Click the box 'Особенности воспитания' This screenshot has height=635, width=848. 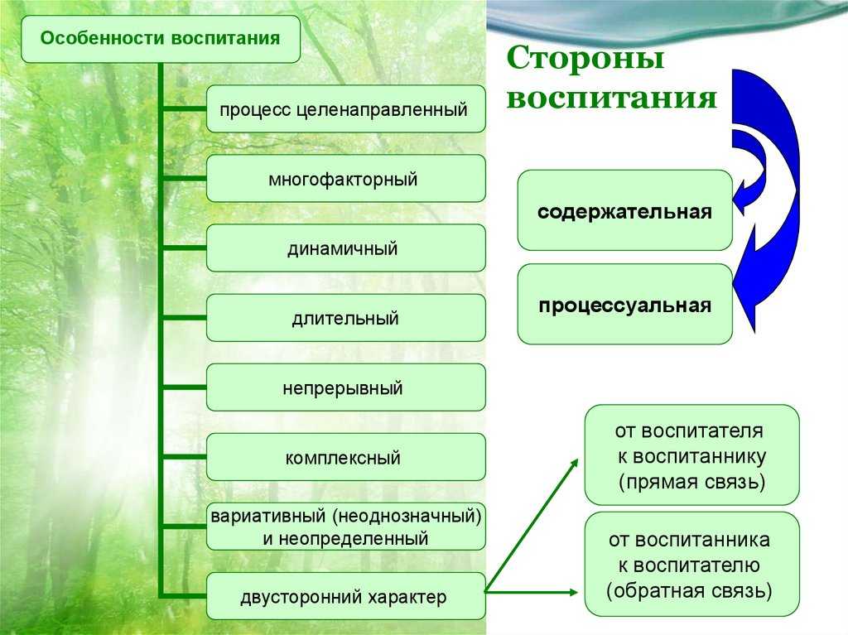click(x=161, y=39)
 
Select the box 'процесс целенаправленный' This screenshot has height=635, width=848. click(x=345, y=108)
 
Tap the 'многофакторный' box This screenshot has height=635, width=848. click(x=345, y=179)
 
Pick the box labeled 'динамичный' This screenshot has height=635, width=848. click(x=345, y=248)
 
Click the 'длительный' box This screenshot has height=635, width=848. click(x=345, y=318)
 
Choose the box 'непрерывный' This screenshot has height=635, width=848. click(x=345, y=387)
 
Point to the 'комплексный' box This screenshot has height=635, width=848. click(x=345, y=457)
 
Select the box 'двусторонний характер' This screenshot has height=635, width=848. click(x=345, y=596)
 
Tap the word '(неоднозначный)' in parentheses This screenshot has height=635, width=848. click(x=407, y=516)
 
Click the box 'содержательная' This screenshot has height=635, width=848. click(x=624, y=210)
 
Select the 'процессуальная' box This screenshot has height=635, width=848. click(x=624, y=304)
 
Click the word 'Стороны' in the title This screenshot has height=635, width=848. click(x=585, y=57)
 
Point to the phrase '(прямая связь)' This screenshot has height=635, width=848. click(x=691, y=481)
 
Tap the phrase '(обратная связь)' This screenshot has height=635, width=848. click(x=689, y=590)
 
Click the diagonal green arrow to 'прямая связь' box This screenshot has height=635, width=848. click(x=531, y=526)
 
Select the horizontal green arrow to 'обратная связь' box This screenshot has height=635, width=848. click(x=531, y=592)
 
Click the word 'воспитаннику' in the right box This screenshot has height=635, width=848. click(x=691, y=456)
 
